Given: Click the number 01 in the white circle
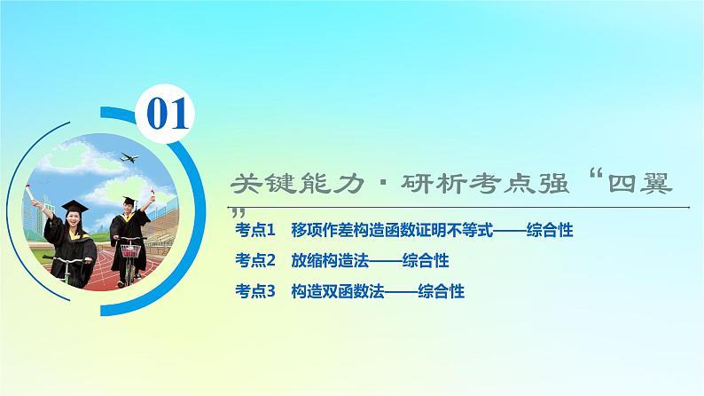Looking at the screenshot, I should point(167,115).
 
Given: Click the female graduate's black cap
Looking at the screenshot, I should point(75,205).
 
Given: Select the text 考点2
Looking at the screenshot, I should point(257,261).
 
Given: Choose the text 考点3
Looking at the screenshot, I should point(257,290).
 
